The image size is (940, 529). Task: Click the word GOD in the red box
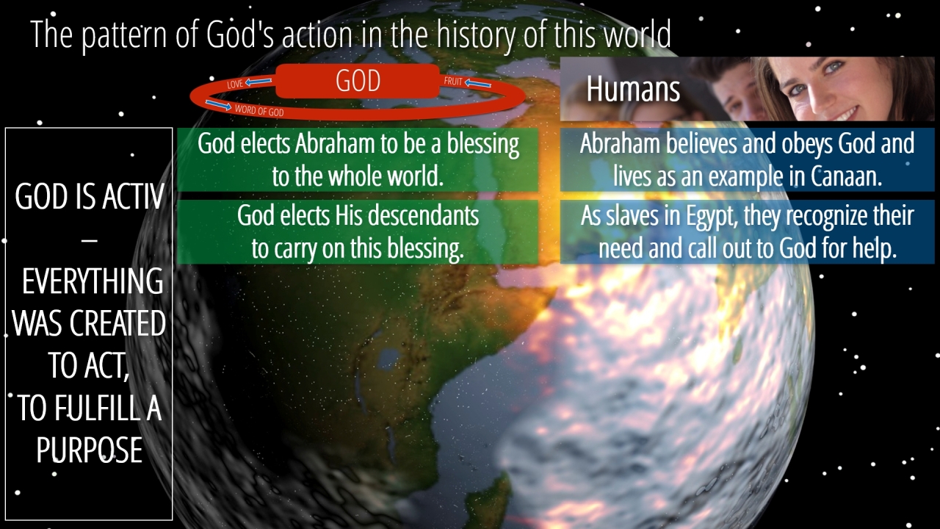click(x=358, y=81)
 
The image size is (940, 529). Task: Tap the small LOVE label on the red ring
click(x=235, y=84)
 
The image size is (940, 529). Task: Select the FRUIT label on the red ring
click(x=453, y=81)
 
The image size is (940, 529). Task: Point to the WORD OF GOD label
click(x=259, y=111)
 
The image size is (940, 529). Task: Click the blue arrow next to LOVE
click(x=258, y=82)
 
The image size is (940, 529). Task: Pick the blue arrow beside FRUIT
click(x=478, y=83)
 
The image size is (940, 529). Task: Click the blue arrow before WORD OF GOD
click(x=218, y=105)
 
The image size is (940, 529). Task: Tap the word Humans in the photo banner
click(x=633, y=89)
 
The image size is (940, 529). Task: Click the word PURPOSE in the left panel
click(x=90, y=450)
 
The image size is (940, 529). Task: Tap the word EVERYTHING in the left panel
click(x=93, y=281)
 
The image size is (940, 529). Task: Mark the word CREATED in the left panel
click(x=117, y=324)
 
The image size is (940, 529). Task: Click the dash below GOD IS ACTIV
click(x=90, y=240)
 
